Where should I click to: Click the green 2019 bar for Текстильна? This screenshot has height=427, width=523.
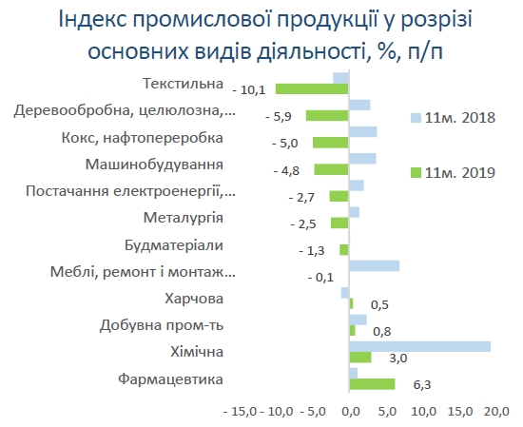[312, 88]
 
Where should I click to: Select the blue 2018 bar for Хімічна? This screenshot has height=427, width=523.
[420, 346]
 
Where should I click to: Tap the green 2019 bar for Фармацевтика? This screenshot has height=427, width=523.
[372, 383]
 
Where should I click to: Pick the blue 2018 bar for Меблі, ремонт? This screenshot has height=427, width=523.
[374, 265]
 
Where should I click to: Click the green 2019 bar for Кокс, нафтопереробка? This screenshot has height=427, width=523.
[331, 143]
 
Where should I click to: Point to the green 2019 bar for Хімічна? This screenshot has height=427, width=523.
[360, 358]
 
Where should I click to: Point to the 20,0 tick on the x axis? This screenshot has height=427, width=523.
[494, 413]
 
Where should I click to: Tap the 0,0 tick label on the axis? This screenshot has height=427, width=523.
[350, 413]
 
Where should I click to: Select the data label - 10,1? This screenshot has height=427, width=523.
[251, 89]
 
